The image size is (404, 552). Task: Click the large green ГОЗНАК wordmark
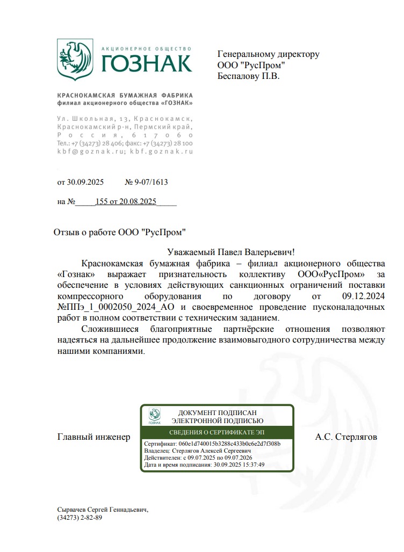pos(146,63)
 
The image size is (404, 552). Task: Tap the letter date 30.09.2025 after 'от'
pos(85,182)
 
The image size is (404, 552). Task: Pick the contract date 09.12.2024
pos(363,296)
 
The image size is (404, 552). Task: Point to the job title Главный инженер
pos(93,437)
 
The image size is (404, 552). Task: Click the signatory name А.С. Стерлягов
pos(346,437)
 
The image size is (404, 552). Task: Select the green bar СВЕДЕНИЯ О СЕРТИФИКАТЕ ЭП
pos(217,433)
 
